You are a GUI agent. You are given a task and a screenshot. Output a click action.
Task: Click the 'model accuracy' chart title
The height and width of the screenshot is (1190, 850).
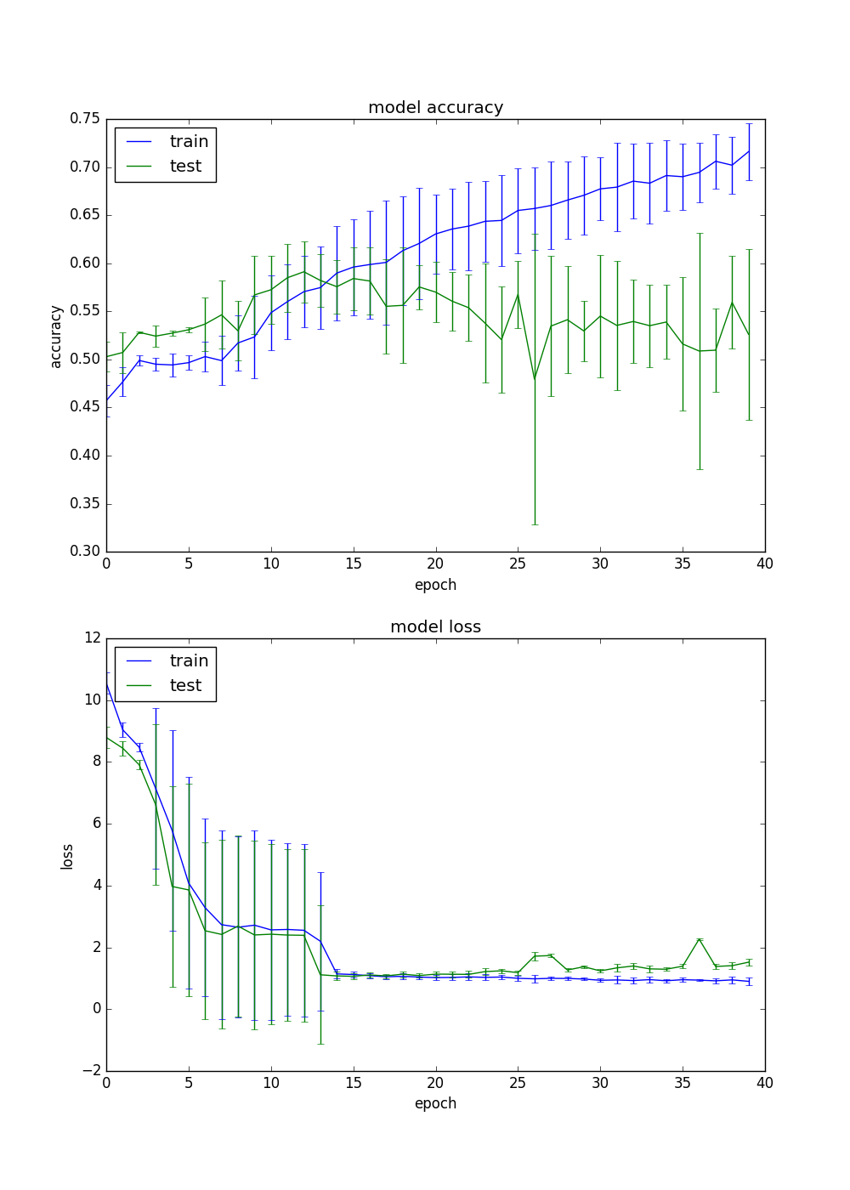435,108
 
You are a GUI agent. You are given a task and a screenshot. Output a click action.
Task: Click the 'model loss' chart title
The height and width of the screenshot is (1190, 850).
435,627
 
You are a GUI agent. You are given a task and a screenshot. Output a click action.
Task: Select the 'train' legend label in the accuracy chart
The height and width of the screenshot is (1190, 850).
189,142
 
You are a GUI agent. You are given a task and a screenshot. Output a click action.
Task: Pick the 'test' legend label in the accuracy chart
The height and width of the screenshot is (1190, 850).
185,167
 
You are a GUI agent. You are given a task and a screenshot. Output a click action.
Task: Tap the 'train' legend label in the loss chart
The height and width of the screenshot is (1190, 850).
189,661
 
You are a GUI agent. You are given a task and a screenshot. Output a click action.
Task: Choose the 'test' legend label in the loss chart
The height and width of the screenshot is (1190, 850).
185,686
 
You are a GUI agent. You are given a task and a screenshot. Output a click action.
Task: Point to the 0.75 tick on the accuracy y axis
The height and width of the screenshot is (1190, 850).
85,119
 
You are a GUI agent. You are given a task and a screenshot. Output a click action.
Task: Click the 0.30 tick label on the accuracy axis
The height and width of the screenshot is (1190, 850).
85,552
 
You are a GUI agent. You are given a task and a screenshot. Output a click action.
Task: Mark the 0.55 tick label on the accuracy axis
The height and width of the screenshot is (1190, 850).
85,311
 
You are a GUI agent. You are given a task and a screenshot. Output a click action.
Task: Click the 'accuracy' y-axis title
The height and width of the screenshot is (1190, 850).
56,337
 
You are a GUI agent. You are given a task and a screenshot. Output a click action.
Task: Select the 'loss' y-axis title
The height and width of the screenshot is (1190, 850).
67,856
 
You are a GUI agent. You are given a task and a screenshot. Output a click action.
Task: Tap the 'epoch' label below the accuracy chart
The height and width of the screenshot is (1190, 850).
435,585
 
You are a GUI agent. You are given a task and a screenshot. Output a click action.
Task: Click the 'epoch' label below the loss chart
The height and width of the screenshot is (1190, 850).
435,1103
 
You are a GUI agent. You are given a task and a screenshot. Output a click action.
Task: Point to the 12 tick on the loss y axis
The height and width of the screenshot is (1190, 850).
91,638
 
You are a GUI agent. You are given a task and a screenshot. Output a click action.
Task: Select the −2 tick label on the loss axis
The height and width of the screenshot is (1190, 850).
91,1071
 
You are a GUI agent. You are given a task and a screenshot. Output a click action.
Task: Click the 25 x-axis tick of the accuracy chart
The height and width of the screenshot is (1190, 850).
518,564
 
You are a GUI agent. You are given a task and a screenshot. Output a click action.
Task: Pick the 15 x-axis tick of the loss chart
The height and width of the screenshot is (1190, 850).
353,1083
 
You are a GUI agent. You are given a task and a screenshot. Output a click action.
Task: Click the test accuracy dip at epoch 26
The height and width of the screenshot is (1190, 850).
535,379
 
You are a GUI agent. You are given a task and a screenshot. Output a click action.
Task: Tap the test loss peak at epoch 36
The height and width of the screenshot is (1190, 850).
700,939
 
